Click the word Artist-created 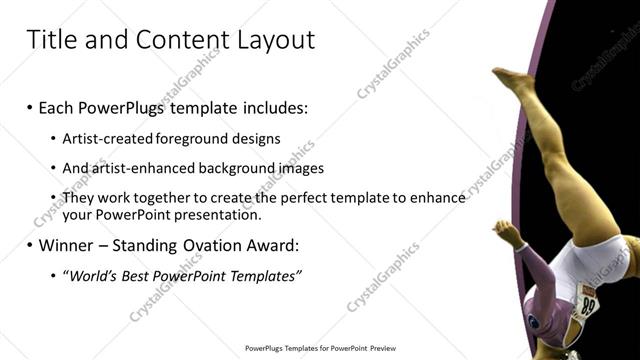(x=102, y=139)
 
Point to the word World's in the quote (x=93, y=276)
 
